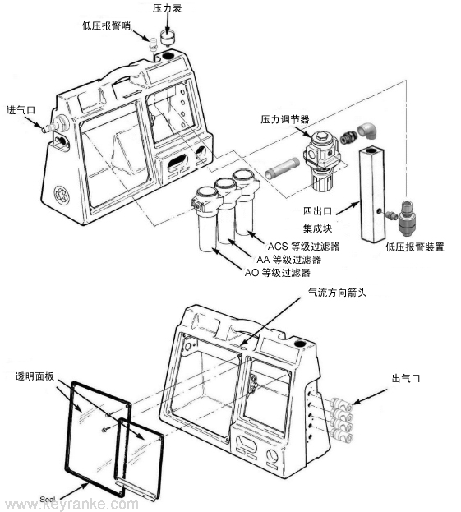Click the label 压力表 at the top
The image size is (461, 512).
click(x=167, y=8)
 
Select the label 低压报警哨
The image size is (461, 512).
click(x=106, y=25)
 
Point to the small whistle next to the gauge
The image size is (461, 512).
click(x=153, y=44)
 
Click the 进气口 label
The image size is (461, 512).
click(x=21, y=110)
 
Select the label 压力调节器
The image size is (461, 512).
click(x=284, y=119)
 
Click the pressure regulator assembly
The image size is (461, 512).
click(x=320, y=160)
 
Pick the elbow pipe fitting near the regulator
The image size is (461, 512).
click(x=367, y=131)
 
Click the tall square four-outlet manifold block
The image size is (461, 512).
click(x=371, y=195)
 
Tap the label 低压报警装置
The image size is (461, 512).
click(x=415, y=247)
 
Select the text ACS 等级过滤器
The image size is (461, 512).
click(x=303, y=247)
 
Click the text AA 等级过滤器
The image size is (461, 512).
click(x=289, y=260)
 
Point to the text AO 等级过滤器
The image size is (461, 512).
click(x=277, y=272)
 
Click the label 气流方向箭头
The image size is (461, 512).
click(x=337, y=293)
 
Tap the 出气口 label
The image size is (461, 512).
click(x=406, y=378)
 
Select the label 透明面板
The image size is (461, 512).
click(x=35, y=376)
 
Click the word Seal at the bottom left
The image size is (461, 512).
click(x=48, y=500)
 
